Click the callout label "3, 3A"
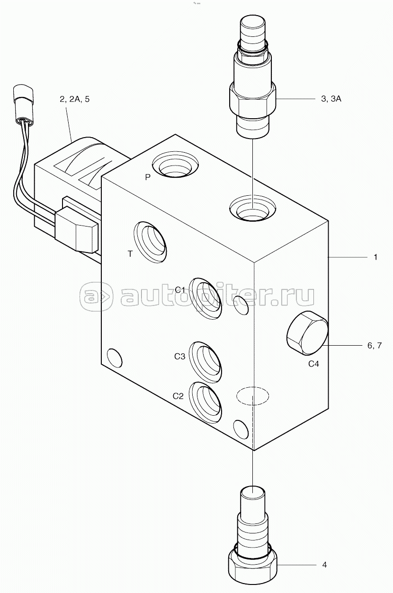(x=331, y=99)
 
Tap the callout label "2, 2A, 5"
(x=74, y=99)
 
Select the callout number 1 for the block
(x=375, y=257)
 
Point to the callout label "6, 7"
(x=375, y=345)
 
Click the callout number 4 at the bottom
(x=324, y=565)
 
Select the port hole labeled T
(x=150, y=242)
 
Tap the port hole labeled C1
(x=206, y=298)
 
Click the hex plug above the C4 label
(x=307, y=333)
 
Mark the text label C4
(x=313, y=364)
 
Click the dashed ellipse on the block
(x=252, y=395)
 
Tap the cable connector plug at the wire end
(x=23, y=105)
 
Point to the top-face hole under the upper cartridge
(x=252, y=208)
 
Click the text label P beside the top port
(x=148, y=177)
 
